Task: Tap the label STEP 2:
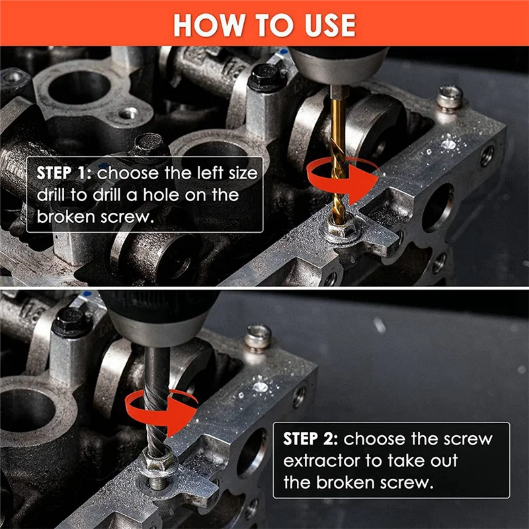[311, 439]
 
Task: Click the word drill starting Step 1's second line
[52, 196]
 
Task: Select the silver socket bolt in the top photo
[449, 97]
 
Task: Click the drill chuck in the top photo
[337, 63]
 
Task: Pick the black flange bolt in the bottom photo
[71, 322]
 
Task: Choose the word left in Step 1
[194, 174]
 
